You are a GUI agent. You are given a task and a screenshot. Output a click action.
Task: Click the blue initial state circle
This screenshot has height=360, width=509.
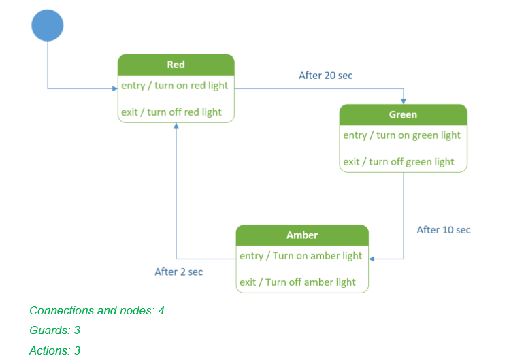(48, 25)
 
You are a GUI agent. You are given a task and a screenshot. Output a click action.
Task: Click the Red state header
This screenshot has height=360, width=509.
(176, 65)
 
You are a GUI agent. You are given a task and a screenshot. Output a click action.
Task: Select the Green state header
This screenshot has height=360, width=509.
(403, 114)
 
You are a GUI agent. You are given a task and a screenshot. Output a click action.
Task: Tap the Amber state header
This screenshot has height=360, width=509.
(302, 235)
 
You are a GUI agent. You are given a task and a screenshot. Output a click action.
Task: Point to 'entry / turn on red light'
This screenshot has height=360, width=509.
(175, 86)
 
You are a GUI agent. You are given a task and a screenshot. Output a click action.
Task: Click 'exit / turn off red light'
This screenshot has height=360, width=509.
(171, 112)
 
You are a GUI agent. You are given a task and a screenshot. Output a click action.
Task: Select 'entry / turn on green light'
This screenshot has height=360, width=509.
(402, 135)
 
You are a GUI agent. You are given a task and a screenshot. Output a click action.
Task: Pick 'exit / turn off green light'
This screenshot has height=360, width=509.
(399, 161)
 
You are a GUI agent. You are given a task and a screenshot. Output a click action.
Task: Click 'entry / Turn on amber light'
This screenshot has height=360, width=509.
(301, 256)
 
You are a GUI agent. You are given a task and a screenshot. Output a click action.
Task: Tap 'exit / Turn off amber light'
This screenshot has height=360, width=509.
(297, 282)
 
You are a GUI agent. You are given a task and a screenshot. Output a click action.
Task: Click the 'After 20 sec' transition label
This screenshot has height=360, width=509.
(326, 76)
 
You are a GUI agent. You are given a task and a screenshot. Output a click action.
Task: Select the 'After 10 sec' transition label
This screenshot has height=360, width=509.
(444, 230)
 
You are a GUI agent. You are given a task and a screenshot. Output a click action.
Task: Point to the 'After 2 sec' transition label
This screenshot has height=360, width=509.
(179, 272)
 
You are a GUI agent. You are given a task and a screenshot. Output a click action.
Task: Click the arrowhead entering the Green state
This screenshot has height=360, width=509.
(404, 101)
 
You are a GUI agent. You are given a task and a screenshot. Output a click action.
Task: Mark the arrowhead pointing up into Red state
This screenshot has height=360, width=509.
(176, 127)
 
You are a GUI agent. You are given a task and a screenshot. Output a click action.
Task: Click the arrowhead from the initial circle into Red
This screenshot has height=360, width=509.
(114, 88)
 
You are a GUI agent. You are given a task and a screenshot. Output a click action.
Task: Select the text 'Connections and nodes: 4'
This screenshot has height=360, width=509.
(97, 311)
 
